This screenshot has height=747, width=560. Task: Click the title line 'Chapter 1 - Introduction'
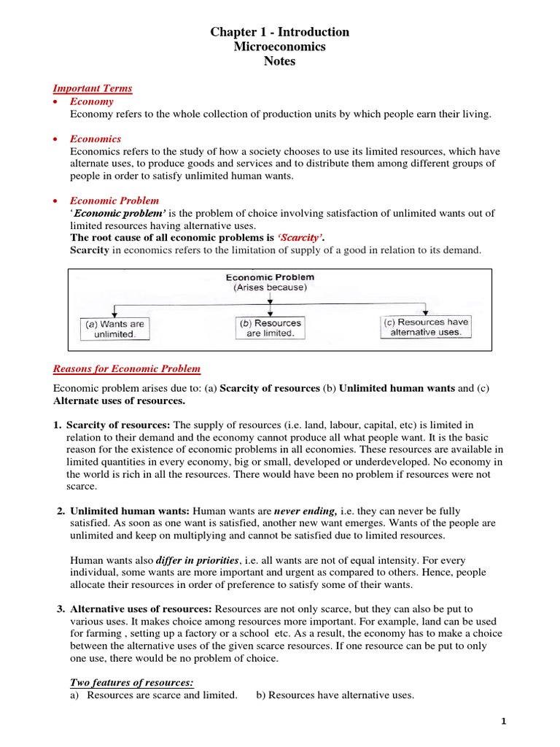click(x=280, y=32)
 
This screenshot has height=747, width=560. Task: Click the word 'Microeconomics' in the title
click(x=280, y=47)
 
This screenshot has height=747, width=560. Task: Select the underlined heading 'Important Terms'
click(x=93, y=88)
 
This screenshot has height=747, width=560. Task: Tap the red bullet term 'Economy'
click(x=88, y=101)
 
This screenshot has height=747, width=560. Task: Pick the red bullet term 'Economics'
click(x=96, y=139)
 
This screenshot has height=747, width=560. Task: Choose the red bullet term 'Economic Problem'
click(x=114, y=201)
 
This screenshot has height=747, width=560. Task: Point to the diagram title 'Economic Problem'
click(x=270, y=277)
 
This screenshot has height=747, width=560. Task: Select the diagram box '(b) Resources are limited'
click(x=270, y=328)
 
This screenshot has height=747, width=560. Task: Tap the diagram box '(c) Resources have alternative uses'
click(x=427, y=327)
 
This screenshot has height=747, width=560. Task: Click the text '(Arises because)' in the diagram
click(x=270, y=288)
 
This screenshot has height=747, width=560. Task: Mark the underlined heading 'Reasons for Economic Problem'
click(x=127, y=369)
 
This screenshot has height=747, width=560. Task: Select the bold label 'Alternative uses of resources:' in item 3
click(x=141, y=609)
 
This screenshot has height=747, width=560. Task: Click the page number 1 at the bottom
click(x=503, y=721)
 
